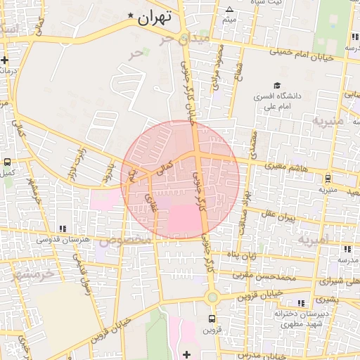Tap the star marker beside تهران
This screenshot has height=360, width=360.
[x=131, y=15]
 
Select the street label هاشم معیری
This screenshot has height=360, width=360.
[x=285, y=165]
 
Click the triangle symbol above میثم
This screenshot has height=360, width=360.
[x=229, y=9]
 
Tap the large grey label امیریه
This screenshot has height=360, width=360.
[x=313, y=240]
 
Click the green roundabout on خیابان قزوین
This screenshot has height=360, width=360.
[x=212, y=297]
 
